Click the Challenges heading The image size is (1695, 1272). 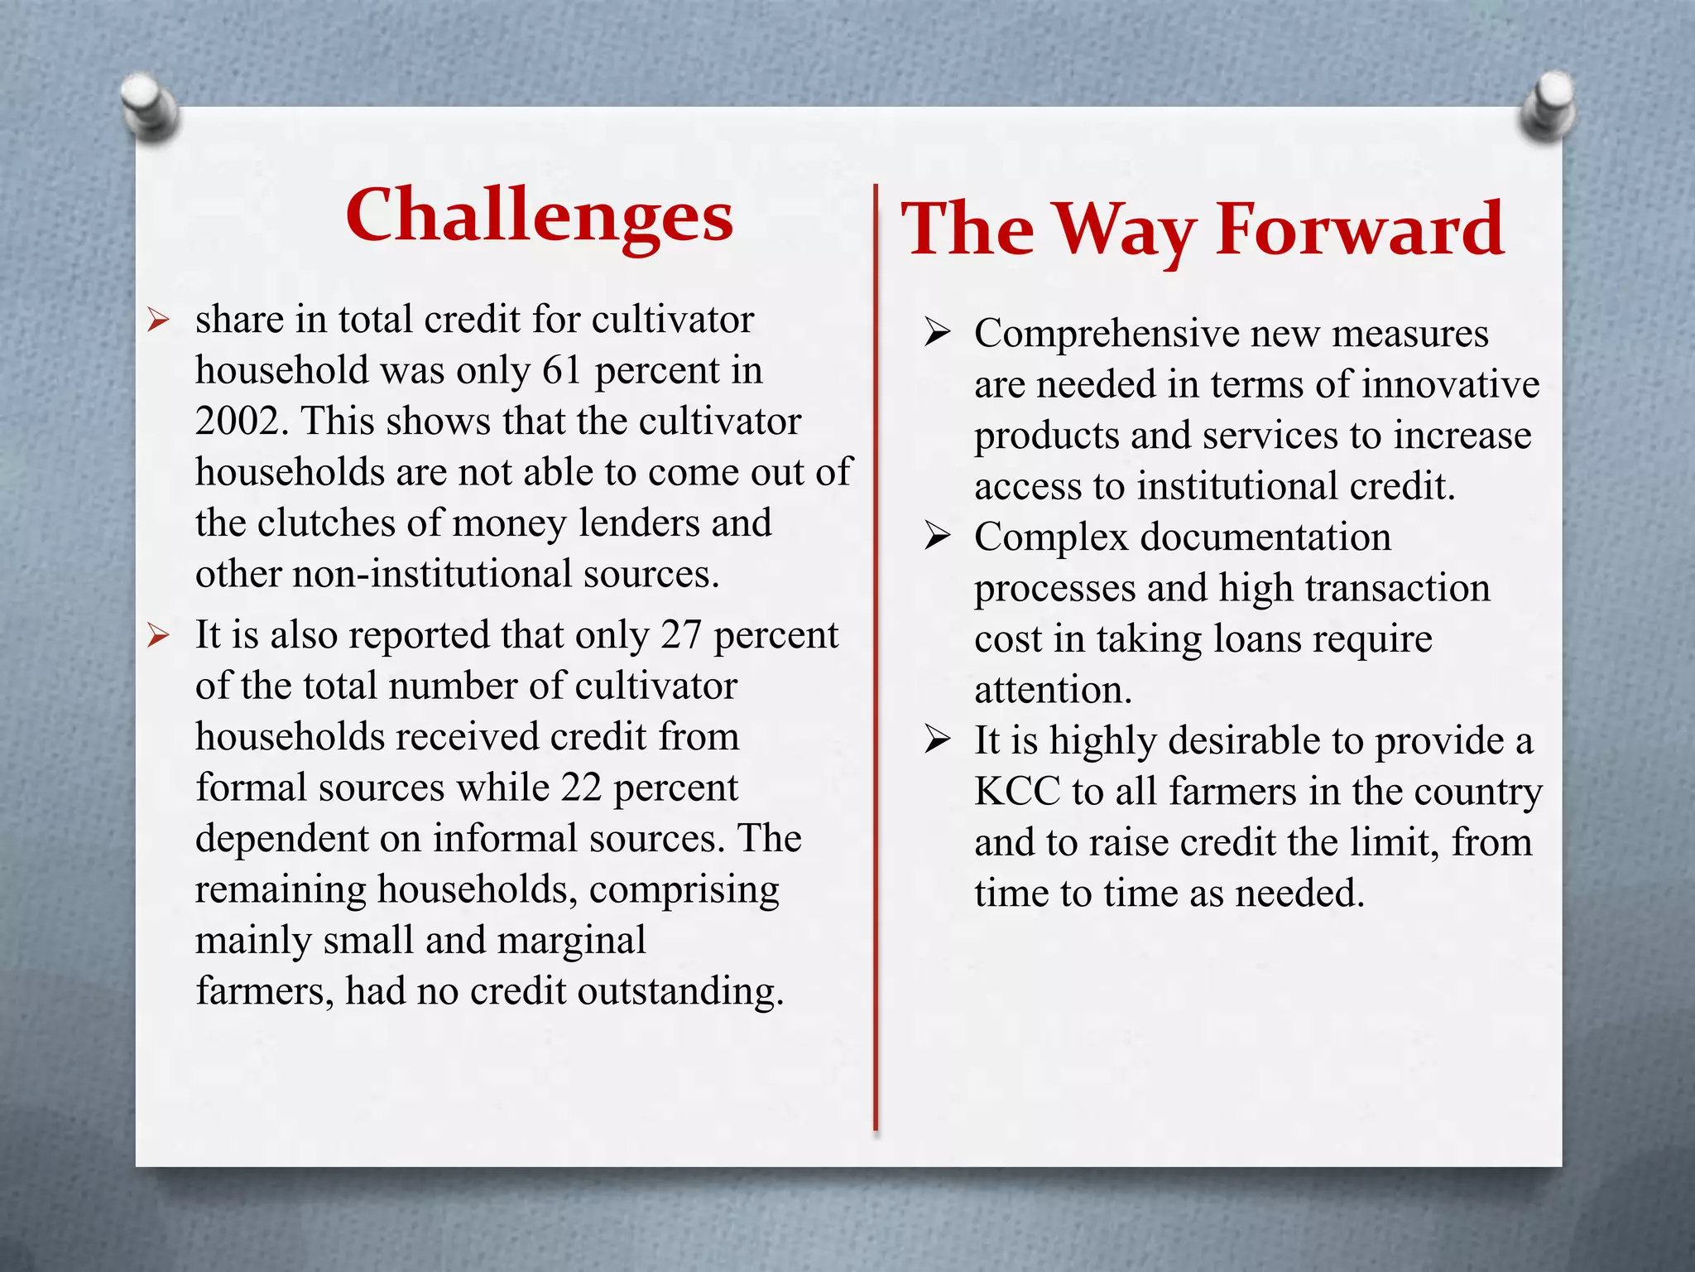click(539, 215)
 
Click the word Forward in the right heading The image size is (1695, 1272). click(1359, 229)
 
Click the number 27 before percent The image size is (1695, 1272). click(681, 635)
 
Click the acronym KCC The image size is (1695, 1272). click(1017, 792)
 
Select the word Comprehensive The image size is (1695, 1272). click(1107, 334)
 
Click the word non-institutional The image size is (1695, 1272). click(431, 574)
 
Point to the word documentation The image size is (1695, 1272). click(1265, 537)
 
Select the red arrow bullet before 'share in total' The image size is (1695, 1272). click(158, 320)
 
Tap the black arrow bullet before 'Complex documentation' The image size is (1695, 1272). click(938, 537)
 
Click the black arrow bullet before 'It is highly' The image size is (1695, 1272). click(938, 740)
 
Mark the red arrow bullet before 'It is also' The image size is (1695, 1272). click(158, 635)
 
